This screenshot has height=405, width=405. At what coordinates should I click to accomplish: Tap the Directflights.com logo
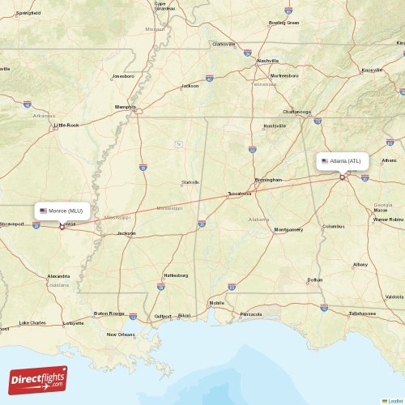(38, 378)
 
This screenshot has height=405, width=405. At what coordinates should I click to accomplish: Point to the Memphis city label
(126, 106)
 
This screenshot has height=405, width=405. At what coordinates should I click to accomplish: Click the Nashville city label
(267, 61)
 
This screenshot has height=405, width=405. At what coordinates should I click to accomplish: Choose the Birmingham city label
(268, 179)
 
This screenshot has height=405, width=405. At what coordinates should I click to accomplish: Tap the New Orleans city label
(121, 334)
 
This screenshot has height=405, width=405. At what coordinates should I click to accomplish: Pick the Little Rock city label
(66, 125)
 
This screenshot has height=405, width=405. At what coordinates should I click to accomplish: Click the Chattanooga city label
(296, 112)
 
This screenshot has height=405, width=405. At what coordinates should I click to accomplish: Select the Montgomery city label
(288, 229)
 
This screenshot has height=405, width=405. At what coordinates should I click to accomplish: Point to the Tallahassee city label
(362, 313)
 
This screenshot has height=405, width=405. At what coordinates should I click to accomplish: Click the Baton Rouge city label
(109, 313)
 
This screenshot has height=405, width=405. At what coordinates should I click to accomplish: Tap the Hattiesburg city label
(176, 275)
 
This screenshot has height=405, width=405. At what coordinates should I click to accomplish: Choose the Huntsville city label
(275, 126)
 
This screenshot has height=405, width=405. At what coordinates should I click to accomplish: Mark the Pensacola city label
(251, 313)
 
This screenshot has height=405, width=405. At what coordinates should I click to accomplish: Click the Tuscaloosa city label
(239, 194)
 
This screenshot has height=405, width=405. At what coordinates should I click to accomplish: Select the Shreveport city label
(12, 224)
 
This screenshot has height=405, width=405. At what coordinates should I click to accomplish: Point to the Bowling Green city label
(283, 23)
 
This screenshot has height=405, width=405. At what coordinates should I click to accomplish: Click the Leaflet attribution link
(394, 400)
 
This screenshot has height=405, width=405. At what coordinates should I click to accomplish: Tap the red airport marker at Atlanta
(343, 177)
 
